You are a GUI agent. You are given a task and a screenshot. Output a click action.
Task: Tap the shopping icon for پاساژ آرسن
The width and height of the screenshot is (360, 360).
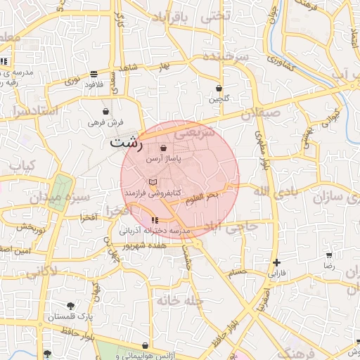coord(163,148)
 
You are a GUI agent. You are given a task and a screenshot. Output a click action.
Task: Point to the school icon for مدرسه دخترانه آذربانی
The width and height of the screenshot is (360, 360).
coord(155,221)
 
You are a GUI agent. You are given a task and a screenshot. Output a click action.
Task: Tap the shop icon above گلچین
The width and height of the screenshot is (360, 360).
coord(219,89)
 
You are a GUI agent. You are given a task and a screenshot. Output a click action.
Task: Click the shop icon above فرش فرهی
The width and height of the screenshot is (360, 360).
coord(105,111)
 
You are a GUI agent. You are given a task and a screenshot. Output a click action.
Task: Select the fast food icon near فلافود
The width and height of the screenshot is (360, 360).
coord(94,74)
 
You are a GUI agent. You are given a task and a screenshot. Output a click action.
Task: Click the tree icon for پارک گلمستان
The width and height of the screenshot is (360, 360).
coord(70,305)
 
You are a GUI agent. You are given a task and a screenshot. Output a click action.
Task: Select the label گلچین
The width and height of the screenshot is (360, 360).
coord(219,99)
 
